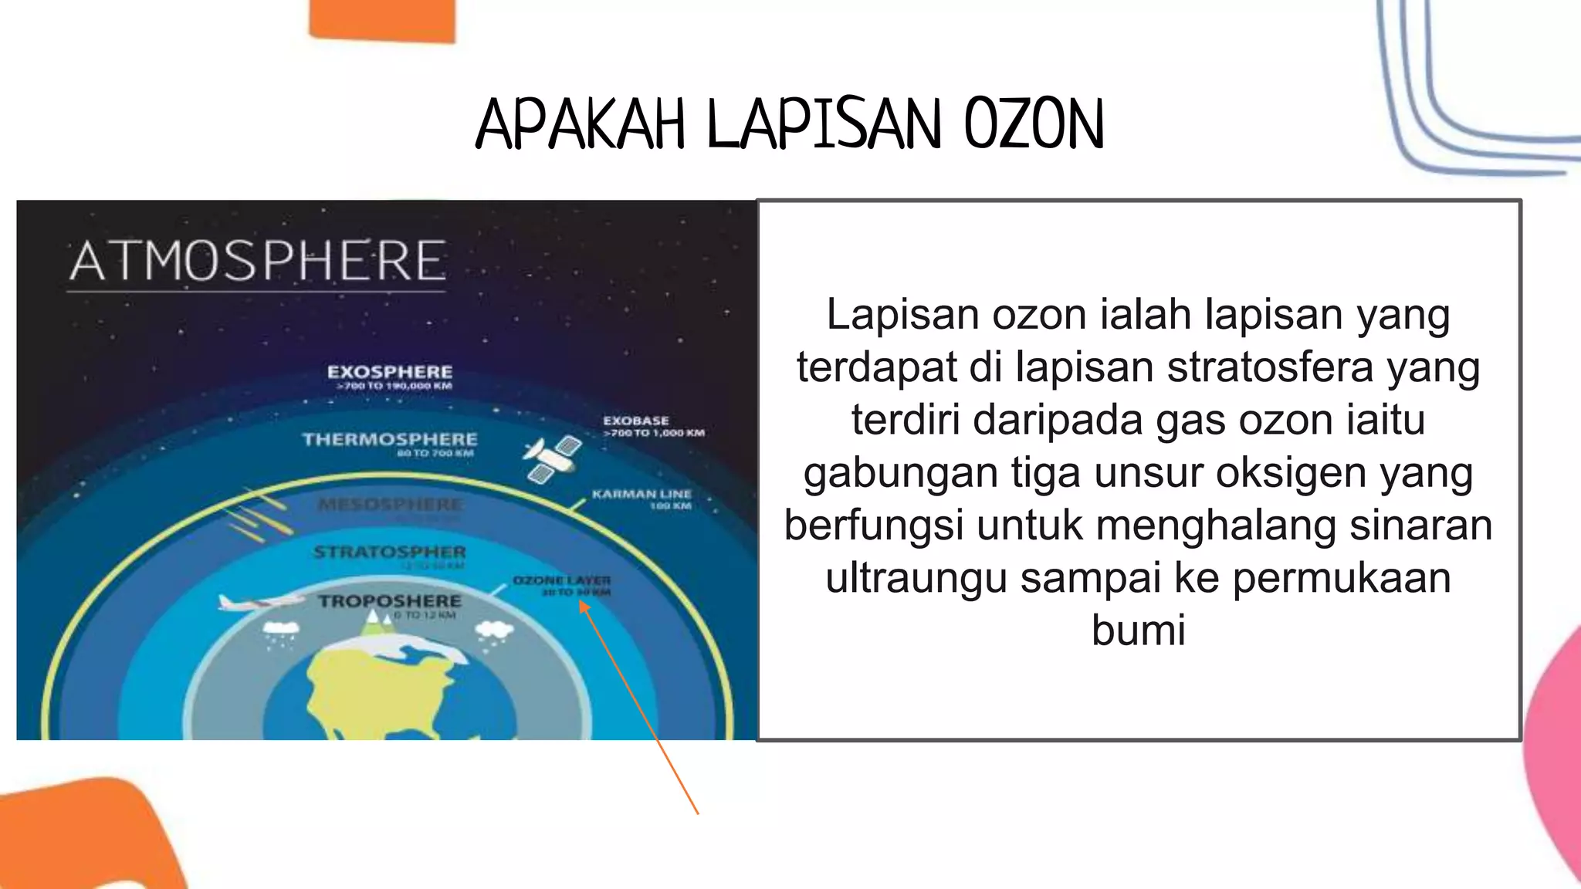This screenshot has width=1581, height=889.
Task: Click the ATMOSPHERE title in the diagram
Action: pos(258,261)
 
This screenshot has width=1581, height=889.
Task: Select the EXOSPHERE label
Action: pos(390,373)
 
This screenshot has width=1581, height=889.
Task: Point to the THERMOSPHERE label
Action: pos(390,440)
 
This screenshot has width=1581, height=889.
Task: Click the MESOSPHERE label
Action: pos(391,505)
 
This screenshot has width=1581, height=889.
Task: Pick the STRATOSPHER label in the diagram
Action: pos(390,553)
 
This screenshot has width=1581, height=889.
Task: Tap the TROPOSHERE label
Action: pos(390,601)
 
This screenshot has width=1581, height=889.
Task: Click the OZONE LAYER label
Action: pos(562,580)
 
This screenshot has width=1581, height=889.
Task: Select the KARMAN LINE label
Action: pos(642,494)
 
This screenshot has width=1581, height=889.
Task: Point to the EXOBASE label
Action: pos(636,421)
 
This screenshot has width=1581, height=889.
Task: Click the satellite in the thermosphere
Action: pos(553,458)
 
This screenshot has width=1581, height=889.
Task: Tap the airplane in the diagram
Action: pos(259,601)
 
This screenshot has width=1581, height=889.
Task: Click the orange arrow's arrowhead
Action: pos(584,607)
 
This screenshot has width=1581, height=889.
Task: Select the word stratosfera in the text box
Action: pos(1270,367)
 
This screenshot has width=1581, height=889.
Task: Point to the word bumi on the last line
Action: pos(1138,630)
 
